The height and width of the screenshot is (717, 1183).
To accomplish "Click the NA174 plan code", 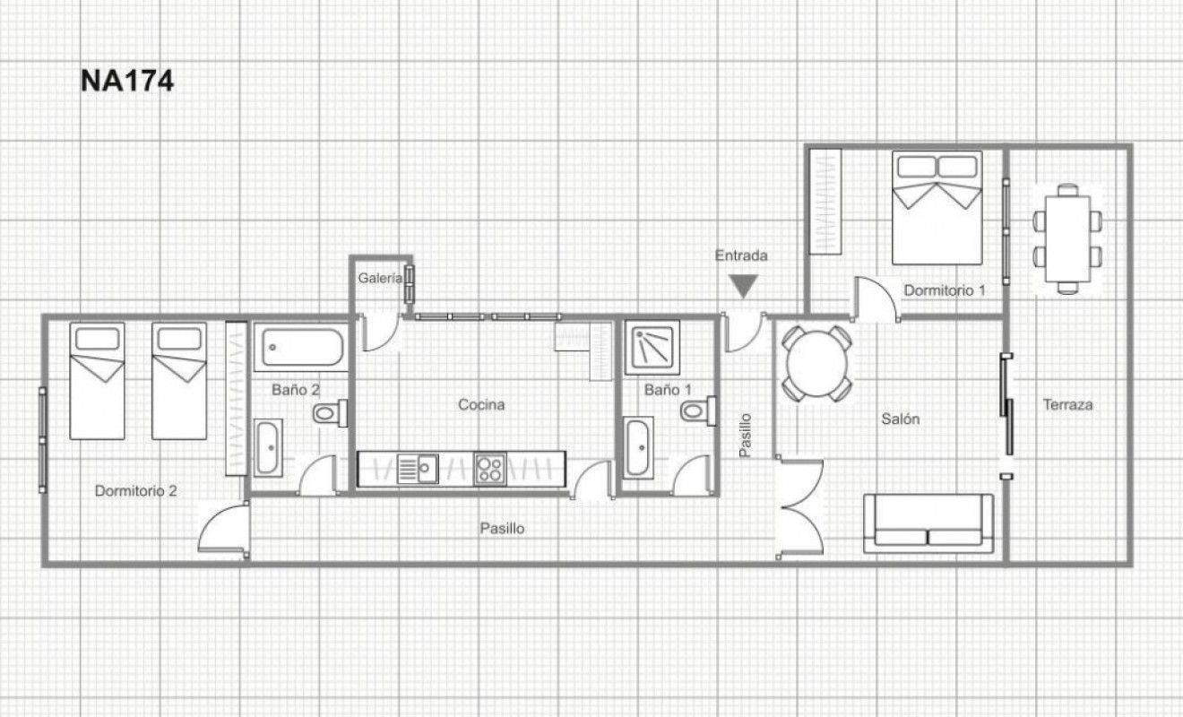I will [126, 81].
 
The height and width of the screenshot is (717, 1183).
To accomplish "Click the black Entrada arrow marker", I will [742, 286].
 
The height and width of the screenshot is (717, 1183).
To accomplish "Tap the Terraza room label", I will [1067, 404].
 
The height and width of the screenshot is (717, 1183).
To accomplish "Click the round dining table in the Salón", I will [816, 363].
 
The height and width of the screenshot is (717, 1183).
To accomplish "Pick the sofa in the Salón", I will [928, 523].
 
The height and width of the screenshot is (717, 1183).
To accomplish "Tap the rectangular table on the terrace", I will [1066, 238].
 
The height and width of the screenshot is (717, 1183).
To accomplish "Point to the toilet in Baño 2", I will [329, 413].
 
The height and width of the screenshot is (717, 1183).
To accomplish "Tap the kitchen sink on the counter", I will [417, 469].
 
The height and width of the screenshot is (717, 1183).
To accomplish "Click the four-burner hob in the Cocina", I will [490, 469].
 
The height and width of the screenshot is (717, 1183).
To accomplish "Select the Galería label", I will [379, 278].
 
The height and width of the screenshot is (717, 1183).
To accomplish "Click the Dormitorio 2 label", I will [135, 490].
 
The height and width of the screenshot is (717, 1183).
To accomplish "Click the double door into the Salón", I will [800, 508].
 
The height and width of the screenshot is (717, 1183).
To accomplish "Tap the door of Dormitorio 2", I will [222, 529].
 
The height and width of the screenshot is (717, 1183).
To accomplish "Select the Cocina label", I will [481, 404].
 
